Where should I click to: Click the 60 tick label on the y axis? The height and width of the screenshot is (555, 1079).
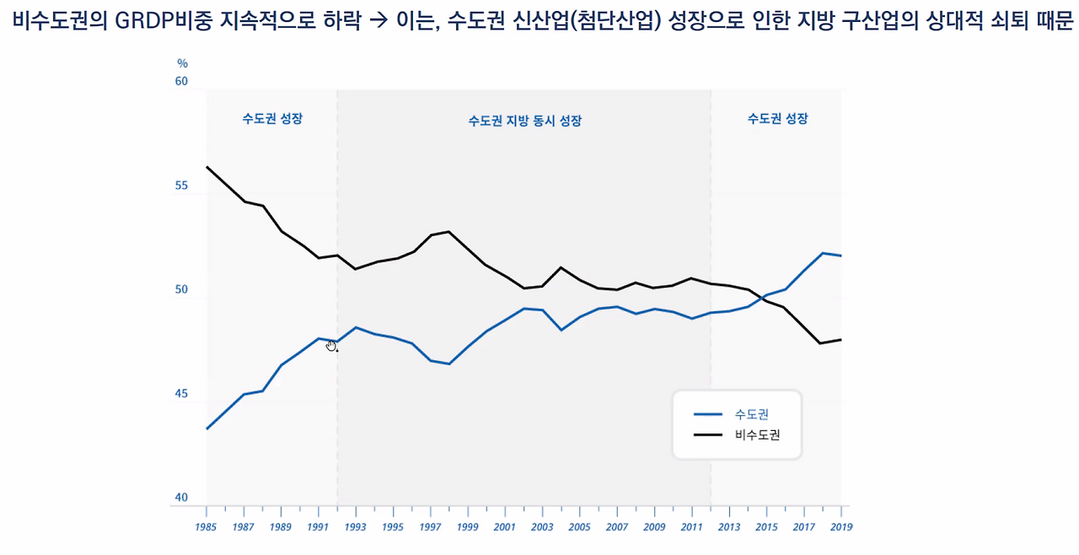point(181,82)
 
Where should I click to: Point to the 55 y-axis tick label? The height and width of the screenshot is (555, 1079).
point(181,186)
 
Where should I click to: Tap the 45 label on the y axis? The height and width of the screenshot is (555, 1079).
point(181,394)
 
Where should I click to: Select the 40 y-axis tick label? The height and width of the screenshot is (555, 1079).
point(181,497)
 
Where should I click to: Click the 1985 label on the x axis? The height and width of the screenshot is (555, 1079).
point(206,527)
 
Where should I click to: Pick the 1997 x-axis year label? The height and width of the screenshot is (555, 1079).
point(430,527)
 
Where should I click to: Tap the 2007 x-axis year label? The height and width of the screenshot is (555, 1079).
point(617,527)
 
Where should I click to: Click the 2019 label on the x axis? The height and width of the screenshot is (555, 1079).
point(841,527)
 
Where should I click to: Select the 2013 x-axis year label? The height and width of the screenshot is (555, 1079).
point(729,527)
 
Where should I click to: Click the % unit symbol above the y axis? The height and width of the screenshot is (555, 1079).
point(182,63)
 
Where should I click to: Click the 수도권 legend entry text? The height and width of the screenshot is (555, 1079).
point(751,414)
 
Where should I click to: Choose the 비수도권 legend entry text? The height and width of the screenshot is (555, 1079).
point(757,434)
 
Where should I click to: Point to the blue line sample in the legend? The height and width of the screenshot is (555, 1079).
point(707,414)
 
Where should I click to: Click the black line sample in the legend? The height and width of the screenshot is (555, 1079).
point(707,435)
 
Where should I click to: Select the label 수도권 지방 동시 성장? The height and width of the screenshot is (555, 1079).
point(525,121)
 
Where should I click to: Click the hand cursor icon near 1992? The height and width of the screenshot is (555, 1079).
point(331,346)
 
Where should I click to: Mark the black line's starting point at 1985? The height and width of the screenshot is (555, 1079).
point(207,167)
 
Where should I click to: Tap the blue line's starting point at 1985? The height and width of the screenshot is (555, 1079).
point(207,428)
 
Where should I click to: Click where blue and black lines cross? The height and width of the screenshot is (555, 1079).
point(763,297)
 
